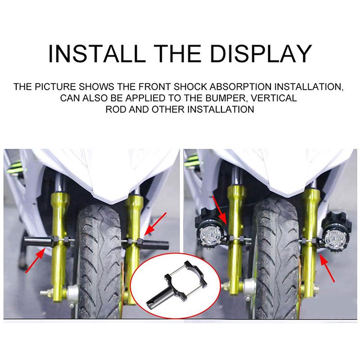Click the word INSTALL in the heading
[97, 54]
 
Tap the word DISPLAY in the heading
[261, 54]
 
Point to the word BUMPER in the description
[225, 98]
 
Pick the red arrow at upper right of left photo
[155, 224]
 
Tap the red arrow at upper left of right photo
[220, 210]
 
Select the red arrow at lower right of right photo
[327, 269]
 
